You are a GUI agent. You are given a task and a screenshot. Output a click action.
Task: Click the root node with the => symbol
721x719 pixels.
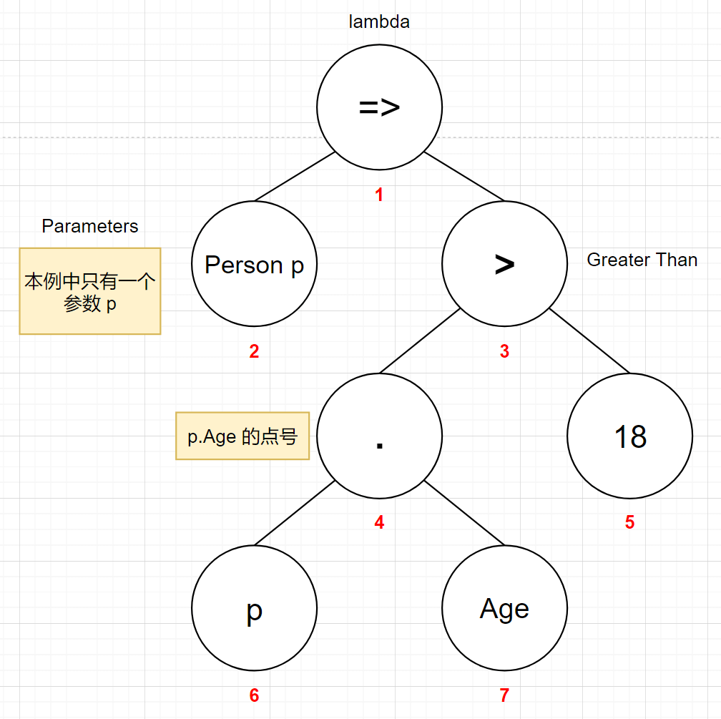click(x=379, y=107)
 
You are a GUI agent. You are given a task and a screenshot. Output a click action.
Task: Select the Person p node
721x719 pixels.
click(x=255, y=263)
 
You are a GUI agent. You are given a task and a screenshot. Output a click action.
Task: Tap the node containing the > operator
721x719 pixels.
click(x=504, y=263)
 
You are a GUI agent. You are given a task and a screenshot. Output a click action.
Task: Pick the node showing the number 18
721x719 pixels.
click(x=630, y=436)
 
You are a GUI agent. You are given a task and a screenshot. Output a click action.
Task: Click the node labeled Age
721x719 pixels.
click(x=504, y=607)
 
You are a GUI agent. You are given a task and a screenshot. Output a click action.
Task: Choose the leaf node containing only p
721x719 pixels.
click(x=255, y=607)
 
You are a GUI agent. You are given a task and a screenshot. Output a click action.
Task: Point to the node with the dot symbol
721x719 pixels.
click(x=379, y=436)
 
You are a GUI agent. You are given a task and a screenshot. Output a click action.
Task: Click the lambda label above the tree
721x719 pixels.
click(x=379, y=21)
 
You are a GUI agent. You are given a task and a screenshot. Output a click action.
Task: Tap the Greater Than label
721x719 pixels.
click(x=642, y=260)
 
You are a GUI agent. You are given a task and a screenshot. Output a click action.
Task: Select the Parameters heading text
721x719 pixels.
click(x=90, y=226)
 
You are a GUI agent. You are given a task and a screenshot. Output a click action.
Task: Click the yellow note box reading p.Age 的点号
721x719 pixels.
click(x=242, y=436)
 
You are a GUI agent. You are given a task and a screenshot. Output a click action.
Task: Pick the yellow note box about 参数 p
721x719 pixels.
click(x=90, y=291)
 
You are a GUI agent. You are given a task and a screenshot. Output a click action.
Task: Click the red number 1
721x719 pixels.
click(x=379, y=195)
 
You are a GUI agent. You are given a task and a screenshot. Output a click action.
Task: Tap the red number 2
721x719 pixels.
click(x=255, y=351)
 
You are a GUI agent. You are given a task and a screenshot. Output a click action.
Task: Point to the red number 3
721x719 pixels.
click(x=504, y=351)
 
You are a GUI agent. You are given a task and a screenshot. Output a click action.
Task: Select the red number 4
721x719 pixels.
click(x=379, y=522)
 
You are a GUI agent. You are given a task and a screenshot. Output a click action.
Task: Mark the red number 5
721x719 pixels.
click(x=630, y=522)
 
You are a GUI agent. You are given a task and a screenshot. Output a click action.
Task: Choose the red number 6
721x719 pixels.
click(x=255, y=695)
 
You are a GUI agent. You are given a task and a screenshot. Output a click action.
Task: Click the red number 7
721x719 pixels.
click(x=504, y=695)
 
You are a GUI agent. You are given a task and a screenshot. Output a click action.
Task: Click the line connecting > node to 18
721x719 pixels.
click(x=589, y=341)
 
